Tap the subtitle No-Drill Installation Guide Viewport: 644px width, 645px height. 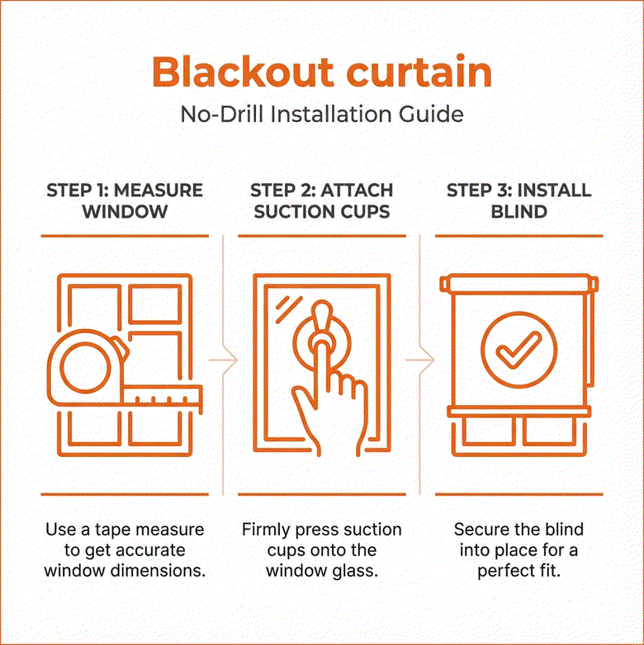[321, 114]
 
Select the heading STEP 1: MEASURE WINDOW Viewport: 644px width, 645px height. [125, 200]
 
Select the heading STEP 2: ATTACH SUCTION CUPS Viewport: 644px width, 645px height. [321, 200]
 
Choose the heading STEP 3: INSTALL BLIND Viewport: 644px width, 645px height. [519, 200]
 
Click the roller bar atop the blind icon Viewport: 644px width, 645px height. [519, 285]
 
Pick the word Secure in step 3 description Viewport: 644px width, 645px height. [481, 530]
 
